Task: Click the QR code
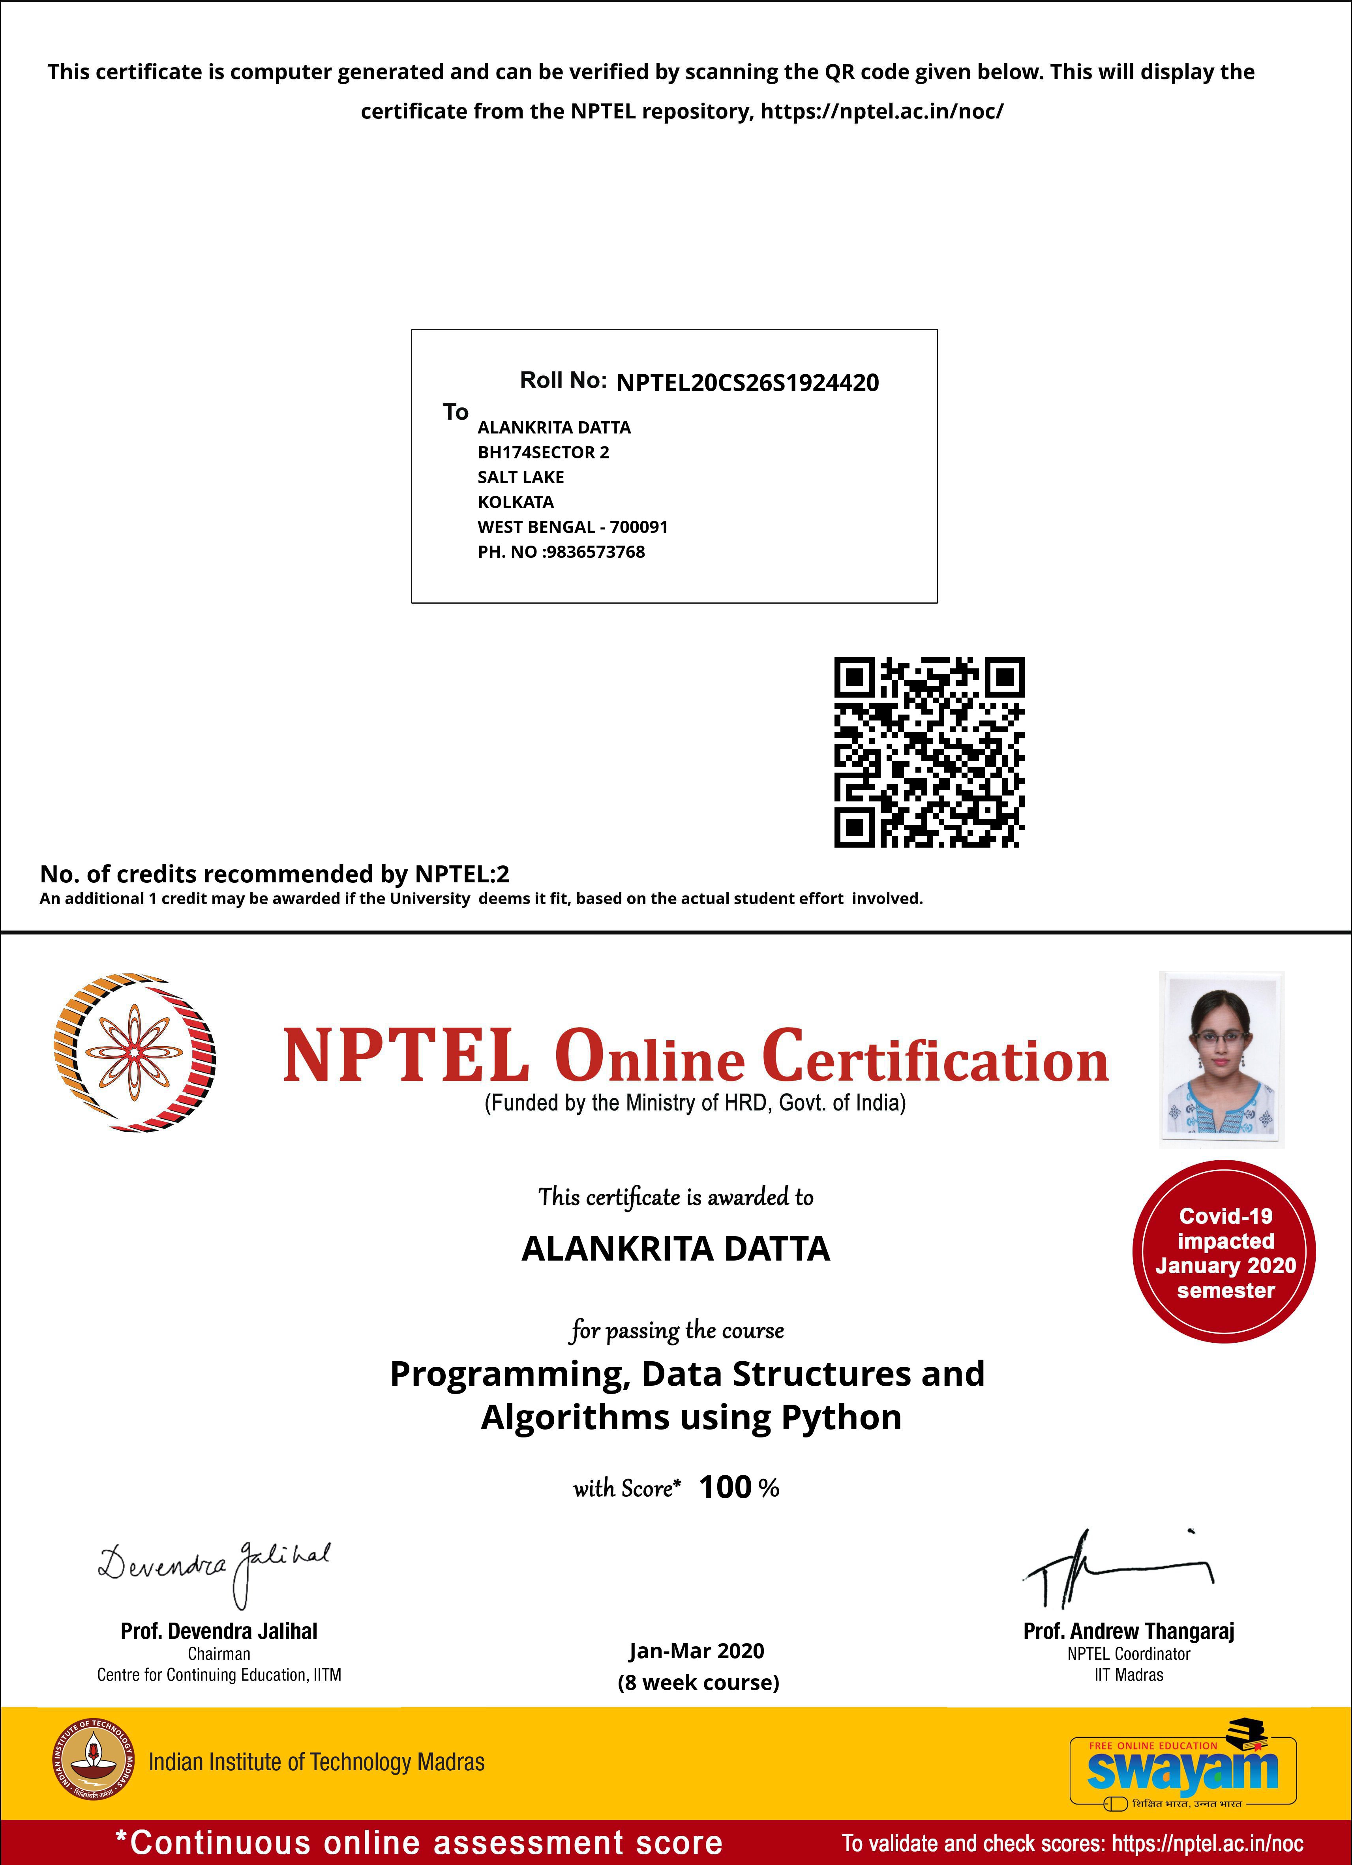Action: point(929,752)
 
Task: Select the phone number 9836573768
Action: point(595,552)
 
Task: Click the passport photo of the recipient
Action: point(1221,1059)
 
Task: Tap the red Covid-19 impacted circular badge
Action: point(1224,1252)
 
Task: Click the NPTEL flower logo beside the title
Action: point(134,1053)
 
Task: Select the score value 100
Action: point(724,1487)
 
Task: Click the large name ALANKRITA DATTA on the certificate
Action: point(676,1248)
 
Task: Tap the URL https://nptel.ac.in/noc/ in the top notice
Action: point(881,111)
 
